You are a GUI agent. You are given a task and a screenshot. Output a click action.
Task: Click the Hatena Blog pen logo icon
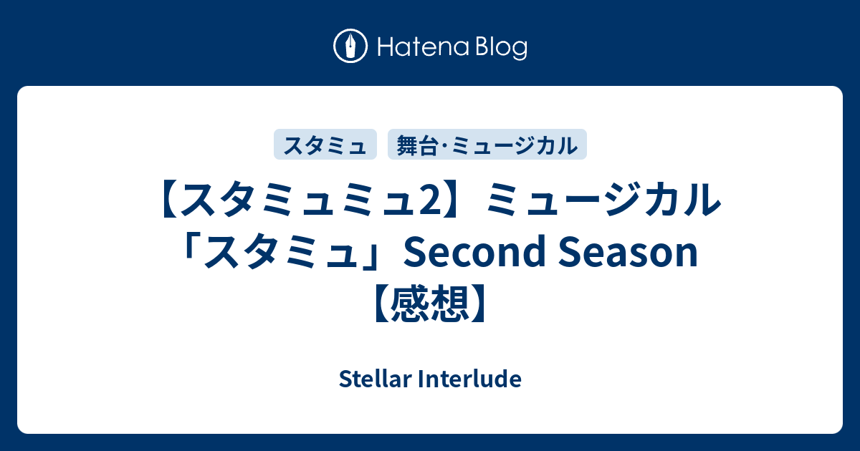pos(350,46)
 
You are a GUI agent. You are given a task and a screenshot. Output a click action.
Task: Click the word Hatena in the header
pos(424,47)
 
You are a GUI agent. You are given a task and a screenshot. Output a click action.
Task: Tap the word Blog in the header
pos(502,48)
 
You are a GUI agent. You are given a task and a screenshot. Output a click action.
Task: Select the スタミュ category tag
pos(325,144)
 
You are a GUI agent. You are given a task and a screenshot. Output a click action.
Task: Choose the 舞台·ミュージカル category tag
pos(487,144)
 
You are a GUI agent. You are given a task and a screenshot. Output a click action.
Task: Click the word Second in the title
pos(474,252)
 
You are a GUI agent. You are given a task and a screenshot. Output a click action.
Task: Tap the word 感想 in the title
pos(430,303)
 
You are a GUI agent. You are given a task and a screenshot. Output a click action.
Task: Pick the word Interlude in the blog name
pos(469,379)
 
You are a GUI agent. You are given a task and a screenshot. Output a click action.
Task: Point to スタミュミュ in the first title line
pos(300,200)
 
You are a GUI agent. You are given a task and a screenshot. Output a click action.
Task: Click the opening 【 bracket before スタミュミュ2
pos(169,200)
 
